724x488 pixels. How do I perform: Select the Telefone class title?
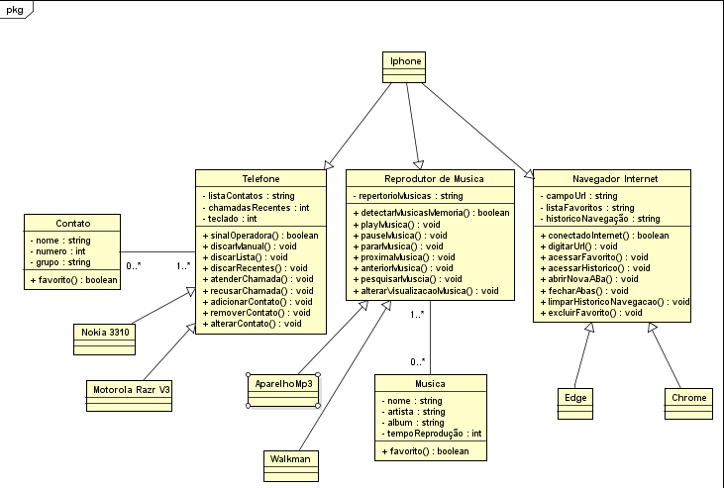259,178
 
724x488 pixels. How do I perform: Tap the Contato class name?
72,224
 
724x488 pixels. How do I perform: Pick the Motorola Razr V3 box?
131,389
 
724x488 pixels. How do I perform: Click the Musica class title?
430,383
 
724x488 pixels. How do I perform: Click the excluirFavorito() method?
592,313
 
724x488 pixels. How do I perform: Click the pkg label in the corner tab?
15,9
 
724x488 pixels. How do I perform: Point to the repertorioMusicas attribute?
408,196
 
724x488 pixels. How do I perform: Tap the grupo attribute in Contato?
57,262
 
